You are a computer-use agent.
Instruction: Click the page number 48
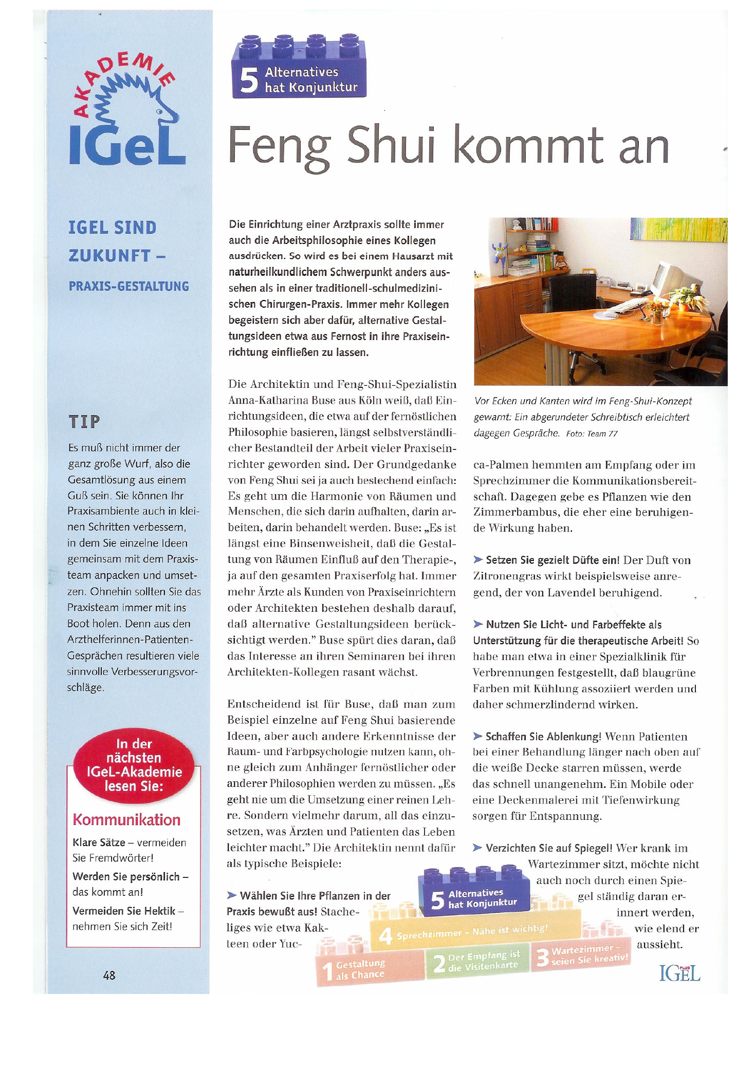tap(109, 975)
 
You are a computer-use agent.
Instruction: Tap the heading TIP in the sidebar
tap(84, 422)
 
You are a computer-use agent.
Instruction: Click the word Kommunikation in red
tap(126, 819)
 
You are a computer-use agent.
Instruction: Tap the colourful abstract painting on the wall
tap(678, 230)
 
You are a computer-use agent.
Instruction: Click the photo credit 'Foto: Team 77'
tap(592, 434)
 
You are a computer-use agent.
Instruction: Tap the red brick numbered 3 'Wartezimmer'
tap(581, 955)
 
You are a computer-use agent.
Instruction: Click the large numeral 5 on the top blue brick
tap(249, 81)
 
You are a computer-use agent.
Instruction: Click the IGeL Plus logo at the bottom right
tap(679, 972)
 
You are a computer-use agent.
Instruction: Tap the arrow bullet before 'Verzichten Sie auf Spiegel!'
tap(477, 848)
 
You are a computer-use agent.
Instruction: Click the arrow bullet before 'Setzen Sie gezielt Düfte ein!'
tap(478, 559)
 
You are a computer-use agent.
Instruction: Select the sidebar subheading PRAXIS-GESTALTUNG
tap(128, 286)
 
